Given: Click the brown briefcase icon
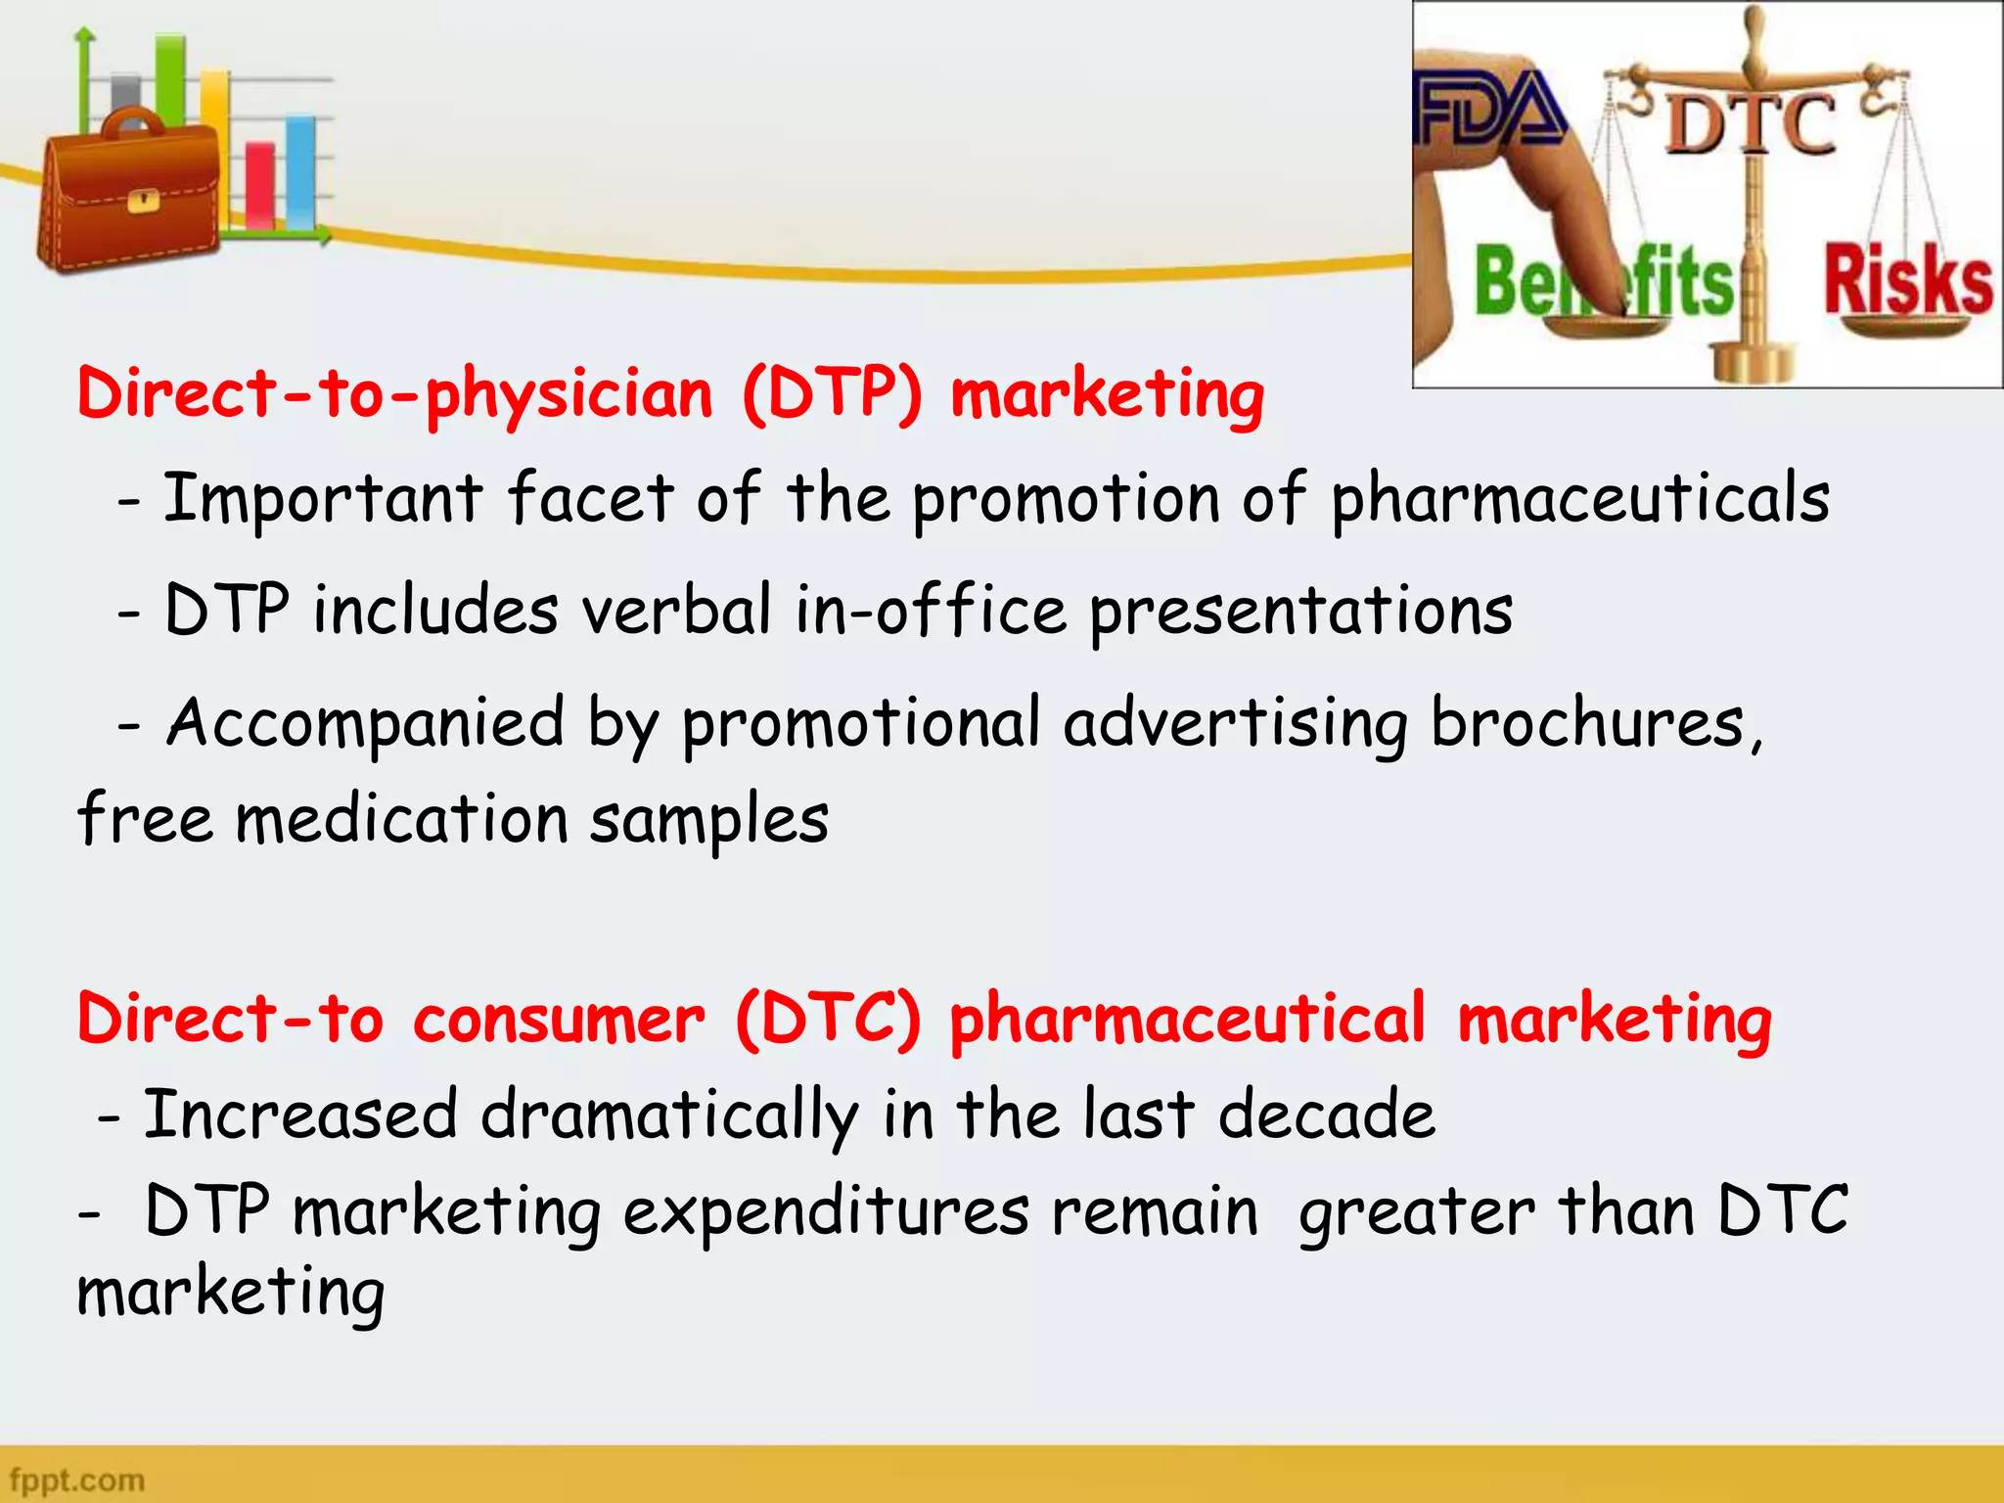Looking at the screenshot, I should [x=127, y=196].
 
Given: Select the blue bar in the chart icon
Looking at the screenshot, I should [x=300, y=171].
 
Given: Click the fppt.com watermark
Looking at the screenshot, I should [x=77, y=1480].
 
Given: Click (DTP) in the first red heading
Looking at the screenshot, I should [x=832, y=394].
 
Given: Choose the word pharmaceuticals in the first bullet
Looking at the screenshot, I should [x=1579, y=499].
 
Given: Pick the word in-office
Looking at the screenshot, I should [x=930, y=611].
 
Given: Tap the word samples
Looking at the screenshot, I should [x=709, y=820].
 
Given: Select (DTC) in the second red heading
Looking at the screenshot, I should [x=828, y=1019].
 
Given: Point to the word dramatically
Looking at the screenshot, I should [x=669, y=1116].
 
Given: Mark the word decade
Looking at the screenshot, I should [x=1327, y=1115].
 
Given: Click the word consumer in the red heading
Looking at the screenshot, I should [x=558, y=1019].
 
